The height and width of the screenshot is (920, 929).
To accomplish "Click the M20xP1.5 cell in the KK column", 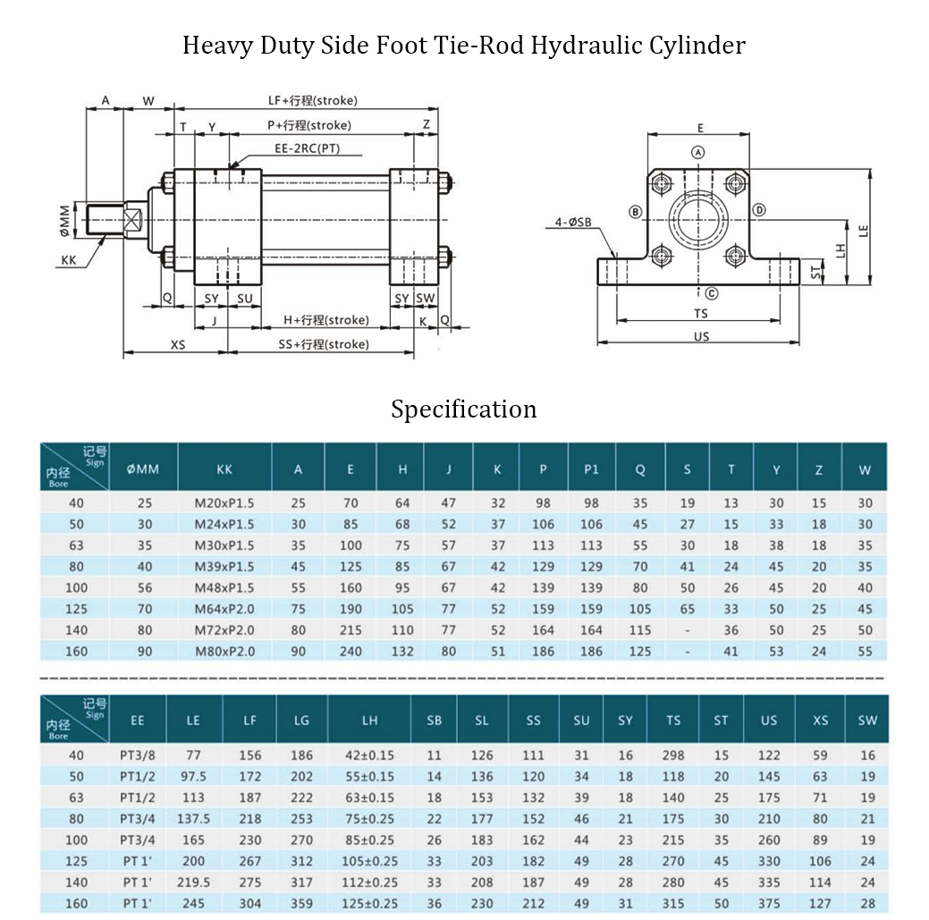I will (x=224, y=503).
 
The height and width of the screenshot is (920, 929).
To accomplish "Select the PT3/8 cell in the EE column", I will (x=137, y=755).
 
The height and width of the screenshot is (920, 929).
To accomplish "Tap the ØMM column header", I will (x=143, y=469).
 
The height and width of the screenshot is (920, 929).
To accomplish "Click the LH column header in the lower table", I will (x=369, y=721).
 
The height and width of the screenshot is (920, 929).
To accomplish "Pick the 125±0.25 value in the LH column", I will (x=369, y=904).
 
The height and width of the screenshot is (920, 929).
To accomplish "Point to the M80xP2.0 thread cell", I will (x=224, y=651).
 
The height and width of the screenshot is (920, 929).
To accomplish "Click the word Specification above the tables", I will (x=464, y=409).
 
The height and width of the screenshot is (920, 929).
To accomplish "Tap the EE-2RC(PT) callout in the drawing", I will (x=307, y=148).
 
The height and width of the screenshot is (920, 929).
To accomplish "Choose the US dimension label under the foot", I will (x=701, y=337).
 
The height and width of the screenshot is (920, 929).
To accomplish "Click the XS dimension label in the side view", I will (x=178, y=344).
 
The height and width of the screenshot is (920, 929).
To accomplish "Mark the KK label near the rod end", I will (x=69, y=260).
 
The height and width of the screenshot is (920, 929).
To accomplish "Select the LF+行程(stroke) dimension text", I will (x=307, y=101).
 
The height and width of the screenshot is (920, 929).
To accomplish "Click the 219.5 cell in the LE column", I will (x=194, y=882).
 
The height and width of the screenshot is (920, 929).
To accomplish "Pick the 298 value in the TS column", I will (x=673, y=755).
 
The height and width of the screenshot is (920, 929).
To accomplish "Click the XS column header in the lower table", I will (x=821, y=721).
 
